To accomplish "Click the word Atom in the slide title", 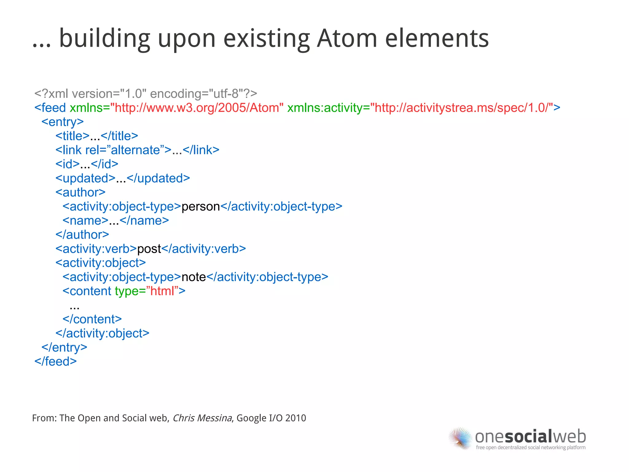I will click(x=347, y=38).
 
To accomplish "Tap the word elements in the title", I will click(x=437, y=38).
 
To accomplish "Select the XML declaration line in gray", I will click(x=146, y=93).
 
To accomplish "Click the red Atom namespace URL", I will click(x=197, y=108).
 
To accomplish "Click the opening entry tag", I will click(x=63, y=122).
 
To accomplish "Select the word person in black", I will click(x=201, y=206).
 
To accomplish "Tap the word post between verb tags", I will click(x=149, y=249).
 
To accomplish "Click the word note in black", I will click(x=193, y=277).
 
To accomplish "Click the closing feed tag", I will click(x=56, y=361).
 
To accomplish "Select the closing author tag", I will click(x=82, y=235).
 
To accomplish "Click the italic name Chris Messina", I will click(x=202, y=418).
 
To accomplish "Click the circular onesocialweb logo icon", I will click(x=460, y=438).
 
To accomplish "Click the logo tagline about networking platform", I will click(x=530, y=447).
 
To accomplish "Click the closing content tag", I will click(x=92, y=319).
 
